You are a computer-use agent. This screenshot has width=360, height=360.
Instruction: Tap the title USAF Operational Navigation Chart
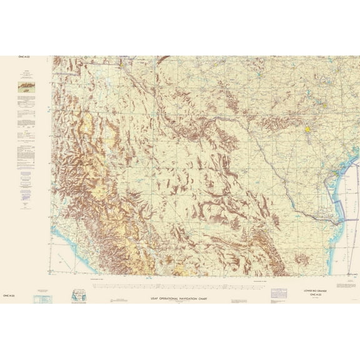pyautogui.click(x=180, y=299)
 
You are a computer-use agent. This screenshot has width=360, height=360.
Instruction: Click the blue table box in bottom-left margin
pyautogui.click(x=43, y=299)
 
